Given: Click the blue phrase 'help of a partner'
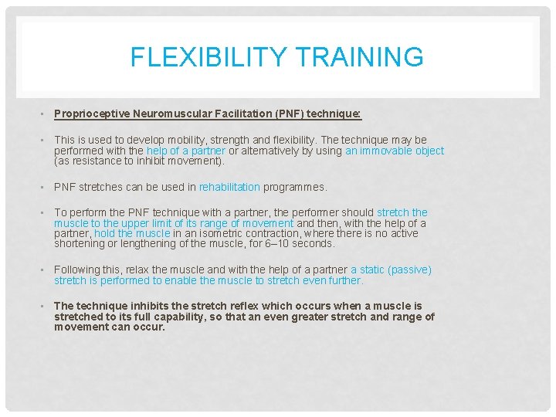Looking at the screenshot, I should [186, 151].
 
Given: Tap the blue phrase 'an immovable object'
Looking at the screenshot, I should [395, 151].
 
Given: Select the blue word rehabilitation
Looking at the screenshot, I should [229, 187].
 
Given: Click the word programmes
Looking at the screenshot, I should [295, 187].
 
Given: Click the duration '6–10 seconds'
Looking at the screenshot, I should [304, 244].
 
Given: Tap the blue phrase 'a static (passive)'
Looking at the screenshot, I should [391, 270].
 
